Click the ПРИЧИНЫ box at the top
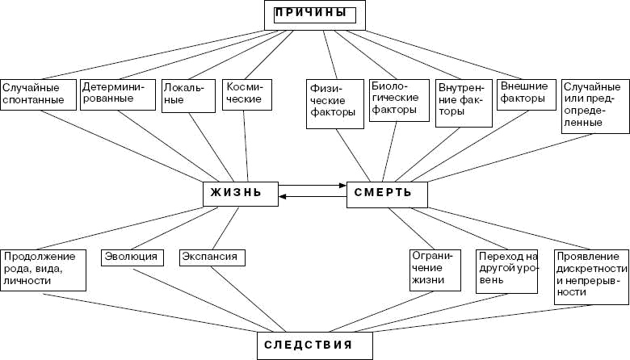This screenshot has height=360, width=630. [315, 14]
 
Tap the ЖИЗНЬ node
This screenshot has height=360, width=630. [240, 194]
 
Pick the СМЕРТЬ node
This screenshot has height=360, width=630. [387, 194]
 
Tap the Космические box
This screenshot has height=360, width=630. [246, 92]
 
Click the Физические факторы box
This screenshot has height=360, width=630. [333, 101]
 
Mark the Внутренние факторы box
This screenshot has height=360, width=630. [464, 102]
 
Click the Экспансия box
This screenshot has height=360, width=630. [212, 257]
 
